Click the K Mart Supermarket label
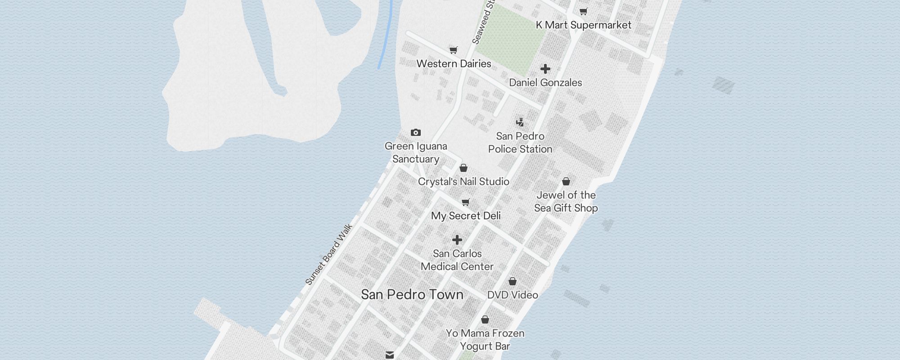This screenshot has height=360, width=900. (583, 25)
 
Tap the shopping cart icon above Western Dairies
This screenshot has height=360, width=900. (454, 50)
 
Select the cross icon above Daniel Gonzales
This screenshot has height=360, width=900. (545, 69)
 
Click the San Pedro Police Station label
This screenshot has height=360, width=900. (520, 143)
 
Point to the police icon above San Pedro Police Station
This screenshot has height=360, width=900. (520, 122)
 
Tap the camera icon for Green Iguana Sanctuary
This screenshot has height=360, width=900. (416, 132)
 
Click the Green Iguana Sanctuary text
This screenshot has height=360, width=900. (416, 153)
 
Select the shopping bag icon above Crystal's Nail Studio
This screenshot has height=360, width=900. (463, 168)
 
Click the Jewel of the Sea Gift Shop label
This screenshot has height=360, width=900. (566, 202)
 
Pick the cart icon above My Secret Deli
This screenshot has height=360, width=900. (466, 202)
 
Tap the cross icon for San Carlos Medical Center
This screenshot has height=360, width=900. (457, 240)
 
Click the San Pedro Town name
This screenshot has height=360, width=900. (412, 295)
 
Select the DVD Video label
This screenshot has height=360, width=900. (513, 295)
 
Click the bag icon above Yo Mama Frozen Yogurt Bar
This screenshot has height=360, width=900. (485, 319)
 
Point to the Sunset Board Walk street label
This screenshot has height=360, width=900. (329, 255)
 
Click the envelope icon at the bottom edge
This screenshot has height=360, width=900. (390, 355)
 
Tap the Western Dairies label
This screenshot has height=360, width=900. (454, 64)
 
